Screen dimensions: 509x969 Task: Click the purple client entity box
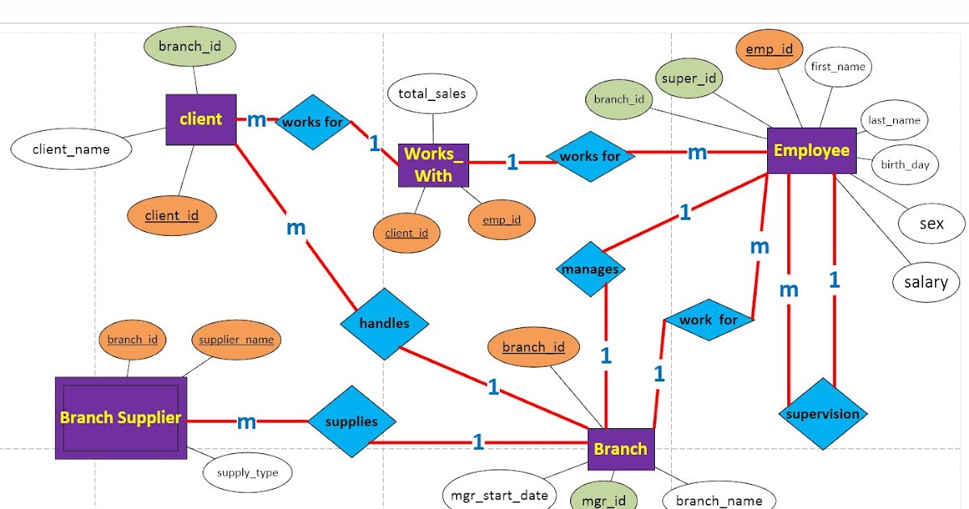(201, 120)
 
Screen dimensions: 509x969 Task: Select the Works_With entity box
(434, 165)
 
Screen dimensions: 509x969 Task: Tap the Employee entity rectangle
(812, 150)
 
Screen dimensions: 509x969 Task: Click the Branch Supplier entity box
(120, 418)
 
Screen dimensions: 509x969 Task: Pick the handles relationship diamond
(384, 323)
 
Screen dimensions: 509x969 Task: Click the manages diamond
(590, 270)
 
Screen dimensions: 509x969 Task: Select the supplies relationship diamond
(351, 422)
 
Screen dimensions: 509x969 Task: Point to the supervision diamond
(823, 414)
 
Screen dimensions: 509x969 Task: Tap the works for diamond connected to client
(312, 123)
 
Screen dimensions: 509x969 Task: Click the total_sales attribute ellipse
(432, 95)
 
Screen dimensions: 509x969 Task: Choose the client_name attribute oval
(71, 149)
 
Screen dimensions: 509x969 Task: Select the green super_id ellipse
(689, 78)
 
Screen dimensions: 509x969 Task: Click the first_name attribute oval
(838, 67)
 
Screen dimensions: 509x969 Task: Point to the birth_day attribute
(904, 165)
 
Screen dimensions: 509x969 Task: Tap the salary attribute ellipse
(925, 282)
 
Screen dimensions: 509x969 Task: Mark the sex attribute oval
(931, 224)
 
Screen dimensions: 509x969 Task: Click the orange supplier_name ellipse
(236, 339)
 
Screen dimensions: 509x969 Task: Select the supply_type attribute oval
(247, 473)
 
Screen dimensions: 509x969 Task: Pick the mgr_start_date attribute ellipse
(499, 494)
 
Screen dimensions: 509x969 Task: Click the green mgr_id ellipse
(603, 499)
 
